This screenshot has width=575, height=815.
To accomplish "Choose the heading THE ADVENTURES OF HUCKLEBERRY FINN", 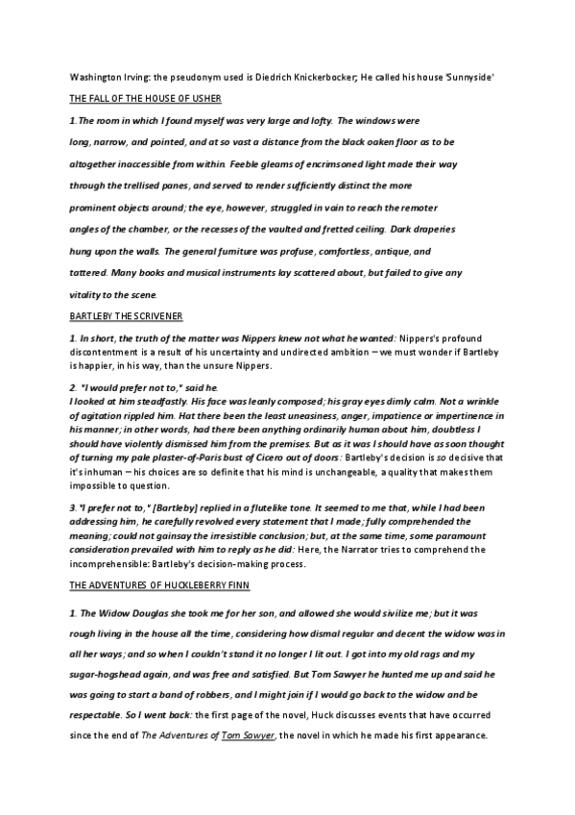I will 158,583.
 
